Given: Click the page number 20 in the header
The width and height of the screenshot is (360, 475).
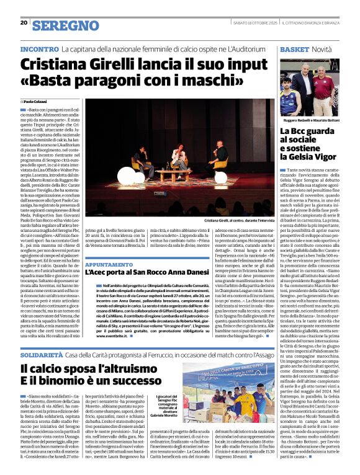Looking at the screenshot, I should tap(24, 22).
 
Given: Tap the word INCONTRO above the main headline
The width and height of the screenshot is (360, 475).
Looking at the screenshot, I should tap(40, 48).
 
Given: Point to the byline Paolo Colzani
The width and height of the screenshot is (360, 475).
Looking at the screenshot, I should tap(35, 101).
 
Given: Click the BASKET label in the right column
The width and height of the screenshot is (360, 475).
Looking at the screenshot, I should tap(295, 48).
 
